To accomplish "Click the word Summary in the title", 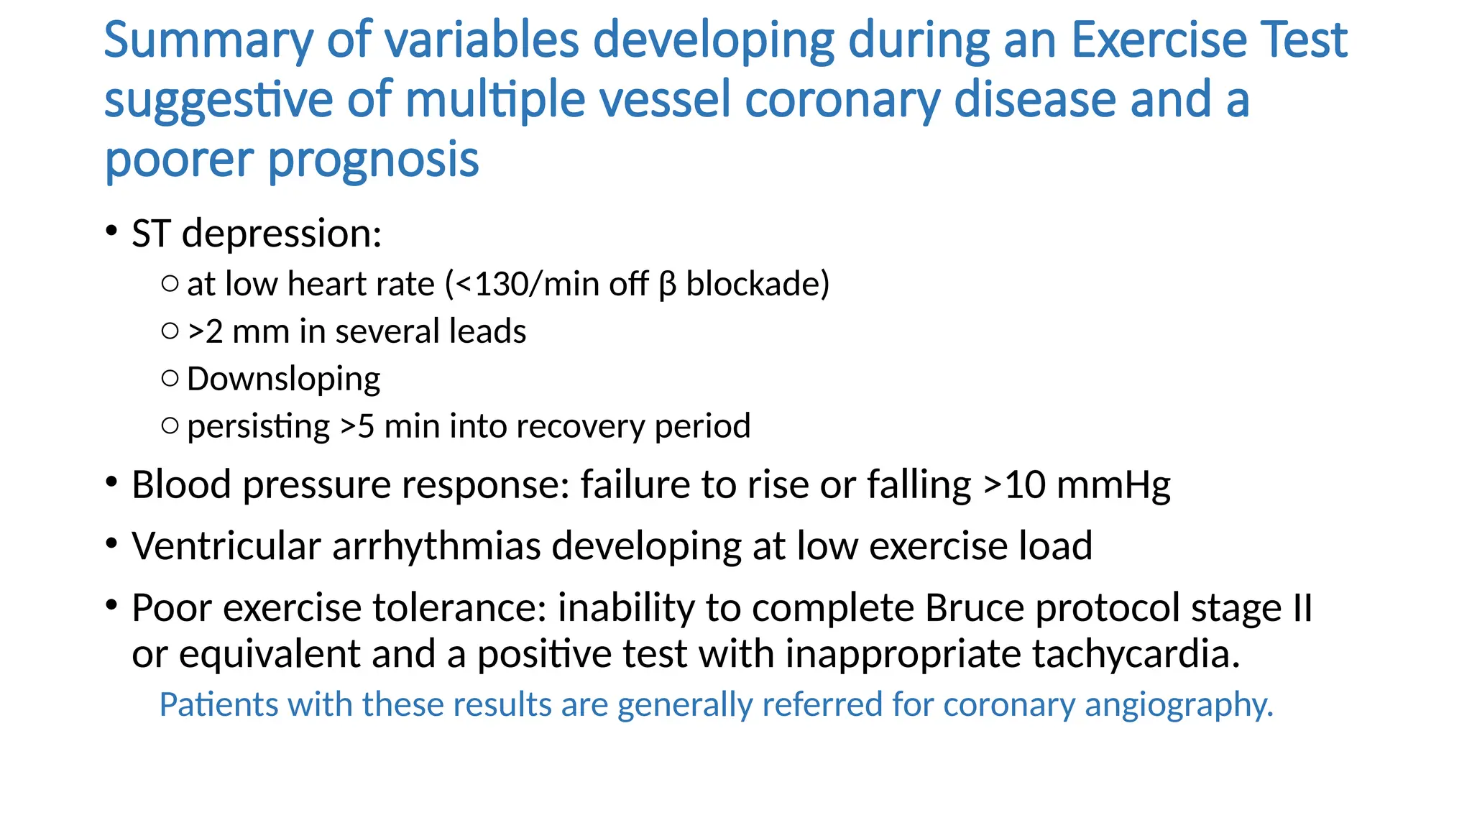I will click(208, 41).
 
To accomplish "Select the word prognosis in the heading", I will click(373, 160).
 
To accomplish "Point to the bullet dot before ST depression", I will click(111, 231).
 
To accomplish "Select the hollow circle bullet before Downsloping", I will click(170, 378).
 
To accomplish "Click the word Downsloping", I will click(283, 379).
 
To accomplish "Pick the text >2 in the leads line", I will click(206, 332).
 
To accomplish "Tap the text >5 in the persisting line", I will click(357, 426).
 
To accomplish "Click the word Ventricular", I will click(226, 546).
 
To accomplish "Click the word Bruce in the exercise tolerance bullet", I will click(974, 608).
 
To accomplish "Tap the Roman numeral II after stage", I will click(1302, 608).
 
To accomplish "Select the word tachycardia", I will click(1136, 655).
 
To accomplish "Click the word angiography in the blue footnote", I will click(1179, 705).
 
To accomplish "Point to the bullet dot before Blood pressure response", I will click(111, 482).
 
